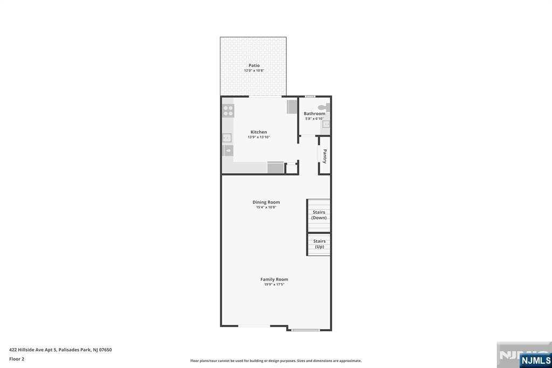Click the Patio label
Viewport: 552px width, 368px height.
click(254, 65)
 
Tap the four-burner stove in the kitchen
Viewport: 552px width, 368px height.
click(228, 110)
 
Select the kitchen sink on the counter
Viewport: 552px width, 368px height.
click(227, 138)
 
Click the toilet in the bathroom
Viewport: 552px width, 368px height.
click(323, 107)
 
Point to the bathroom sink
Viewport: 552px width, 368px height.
click(326, 124)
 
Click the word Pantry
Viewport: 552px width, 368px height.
click(325, 156)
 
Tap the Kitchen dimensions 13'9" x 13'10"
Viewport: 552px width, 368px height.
click(259, 137)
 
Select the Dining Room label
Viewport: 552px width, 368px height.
click(266, 202)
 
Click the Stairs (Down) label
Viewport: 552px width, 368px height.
click(319, 215)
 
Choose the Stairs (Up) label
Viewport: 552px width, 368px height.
click(319, 244)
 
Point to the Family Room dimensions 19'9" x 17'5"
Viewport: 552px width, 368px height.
click(274, 284)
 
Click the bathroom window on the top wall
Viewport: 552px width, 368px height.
click(310, 96)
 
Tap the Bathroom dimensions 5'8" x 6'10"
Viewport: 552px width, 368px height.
click(314, 119)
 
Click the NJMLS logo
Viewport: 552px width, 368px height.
click(535, 360)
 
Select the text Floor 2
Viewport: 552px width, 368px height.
click(17, 359)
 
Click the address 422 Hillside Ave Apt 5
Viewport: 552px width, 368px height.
click(33, 350)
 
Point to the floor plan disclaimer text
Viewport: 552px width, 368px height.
click(275, 360)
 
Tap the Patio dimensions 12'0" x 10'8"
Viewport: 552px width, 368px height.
click(254, 71)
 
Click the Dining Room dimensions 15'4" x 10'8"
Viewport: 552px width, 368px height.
click(266, 207)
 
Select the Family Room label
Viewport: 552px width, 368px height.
click(274, 279)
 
